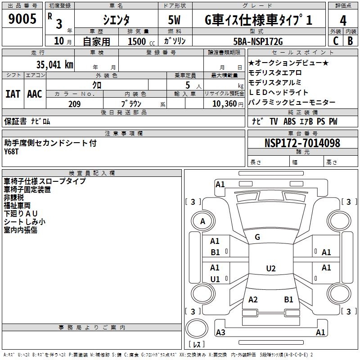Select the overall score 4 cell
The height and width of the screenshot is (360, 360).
(x=343, y=21)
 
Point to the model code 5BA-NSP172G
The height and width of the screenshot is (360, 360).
(x=259, y=41)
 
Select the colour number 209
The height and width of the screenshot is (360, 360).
(x=74, y=104)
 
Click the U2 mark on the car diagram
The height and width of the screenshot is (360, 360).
(x=270, y=269)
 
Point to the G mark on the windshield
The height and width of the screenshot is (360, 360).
(x=257, y=237)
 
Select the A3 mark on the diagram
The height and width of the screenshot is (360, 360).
(x=220, y=333)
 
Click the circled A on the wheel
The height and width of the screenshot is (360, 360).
(x=202, y=221)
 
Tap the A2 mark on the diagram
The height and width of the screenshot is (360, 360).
(x=253, y=299)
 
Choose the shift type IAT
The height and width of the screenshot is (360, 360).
(x=13, y=94)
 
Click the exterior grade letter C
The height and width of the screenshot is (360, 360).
(x=335, y=41)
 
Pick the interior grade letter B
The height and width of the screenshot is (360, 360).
(x=350, y=41)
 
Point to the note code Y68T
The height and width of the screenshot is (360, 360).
(x=12, y=152)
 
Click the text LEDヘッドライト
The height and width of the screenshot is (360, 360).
(x=279, y=93)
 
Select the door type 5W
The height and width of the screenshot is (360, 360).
(x=175, y=21)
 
